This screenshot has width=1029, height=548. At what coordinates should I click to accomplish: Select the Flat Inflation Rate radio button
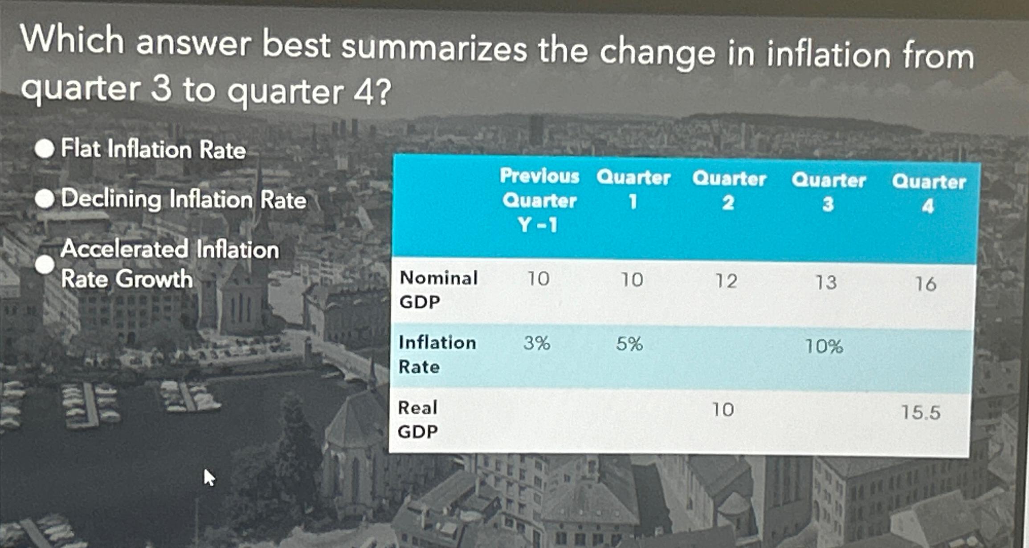45,148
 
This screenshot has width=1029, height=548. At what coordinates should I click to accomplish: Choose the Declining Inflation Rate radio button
45,199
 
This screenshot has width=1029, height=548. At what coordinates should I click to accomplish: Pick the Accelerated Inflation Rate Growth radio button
45,265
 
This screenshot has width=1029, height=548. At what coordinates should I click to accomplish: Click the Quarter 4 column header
928,194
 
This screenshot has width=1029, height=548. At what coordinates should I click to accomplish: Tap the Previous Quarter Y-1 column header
539,200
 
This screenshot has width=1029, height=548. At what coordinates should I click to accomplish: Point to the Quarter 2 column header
729,191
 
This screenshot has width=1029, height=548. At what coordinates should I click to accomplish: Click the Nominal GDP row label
438,289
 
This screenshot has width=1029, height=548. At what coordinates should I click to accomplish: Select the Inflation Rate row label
437,354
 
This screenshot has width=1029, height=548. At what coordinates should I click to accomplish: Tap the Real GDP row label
417,419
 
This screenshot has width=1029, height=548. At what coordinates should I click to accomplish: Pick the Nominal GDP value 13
826,282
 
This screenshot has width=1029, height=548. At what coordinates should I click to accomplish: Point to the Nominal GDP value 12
726,281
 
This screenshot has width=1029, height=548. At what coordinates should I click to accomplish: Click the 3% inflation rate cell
537,343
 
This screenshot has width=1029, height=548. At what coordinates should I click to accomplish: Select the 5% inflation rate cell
629,344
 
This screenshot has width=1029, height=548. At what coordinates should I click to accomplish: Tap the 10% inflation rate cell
824,346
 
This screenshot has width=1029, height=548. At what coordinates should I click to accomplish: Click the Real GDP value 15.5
921,412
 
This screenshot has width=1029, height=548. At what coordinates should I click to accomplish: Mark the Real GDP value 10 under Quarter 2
723,410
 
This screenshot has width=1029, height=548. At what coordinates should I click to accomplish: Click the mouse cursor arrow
208,477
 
